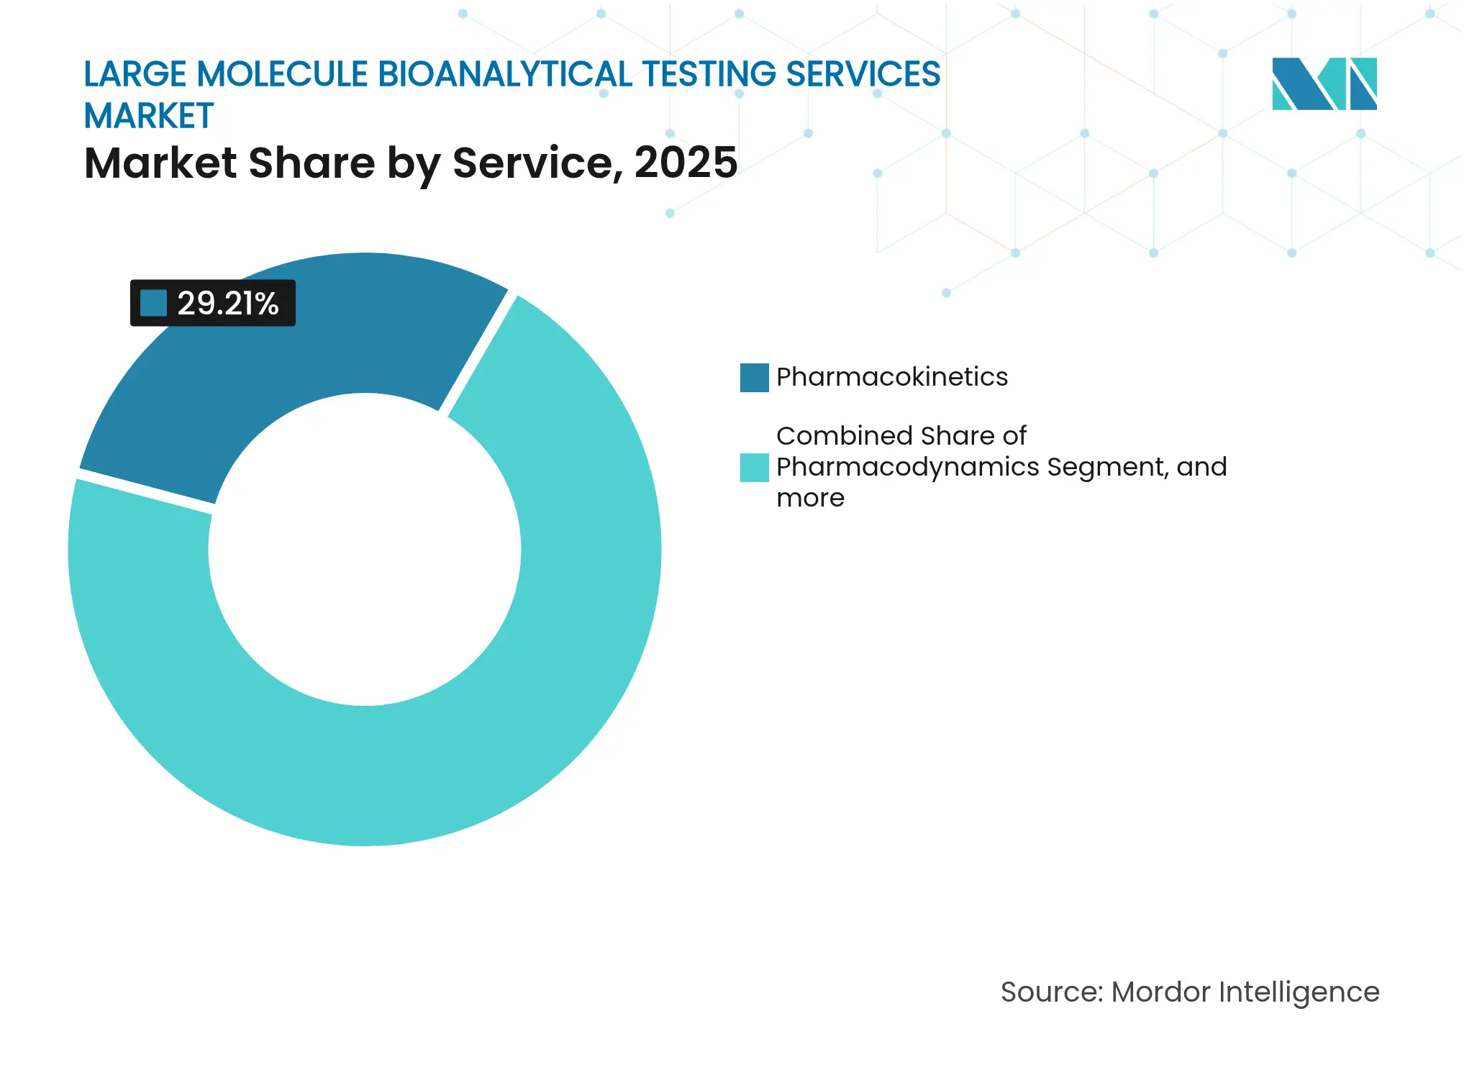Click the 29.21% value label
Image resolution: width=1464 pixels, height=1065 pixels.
(227, 304)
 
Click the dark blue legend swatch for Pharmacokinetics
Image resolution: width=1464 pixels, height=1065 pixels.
(754, 378)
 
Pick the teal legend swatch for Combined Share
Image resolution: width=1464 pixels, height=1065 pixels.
(754, 468)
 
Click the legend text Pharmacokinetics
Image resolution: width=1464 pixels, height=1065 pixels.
(892, 377)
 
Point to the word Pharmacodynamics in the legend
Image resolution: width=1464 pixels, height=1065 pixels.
(908, 467)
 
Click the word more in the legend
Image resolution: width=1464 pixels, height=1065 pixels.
(810, 498)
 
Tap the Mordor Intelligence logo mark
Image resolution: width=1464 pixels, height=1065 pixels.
(1324, 84)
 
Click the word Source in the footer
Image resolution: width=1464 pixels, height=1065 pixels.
(1050, 992)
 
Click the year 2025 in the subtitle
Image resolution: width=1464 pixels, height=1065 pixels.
(686, 163)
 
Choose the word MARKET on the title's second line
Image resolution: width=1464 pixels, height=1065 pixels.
(149, 116)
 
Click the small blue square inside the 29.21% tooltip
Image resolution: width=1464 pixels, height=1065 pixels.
(153, 303)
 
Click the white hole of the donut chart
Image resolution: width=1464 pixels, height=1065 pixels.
(365, 550)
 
